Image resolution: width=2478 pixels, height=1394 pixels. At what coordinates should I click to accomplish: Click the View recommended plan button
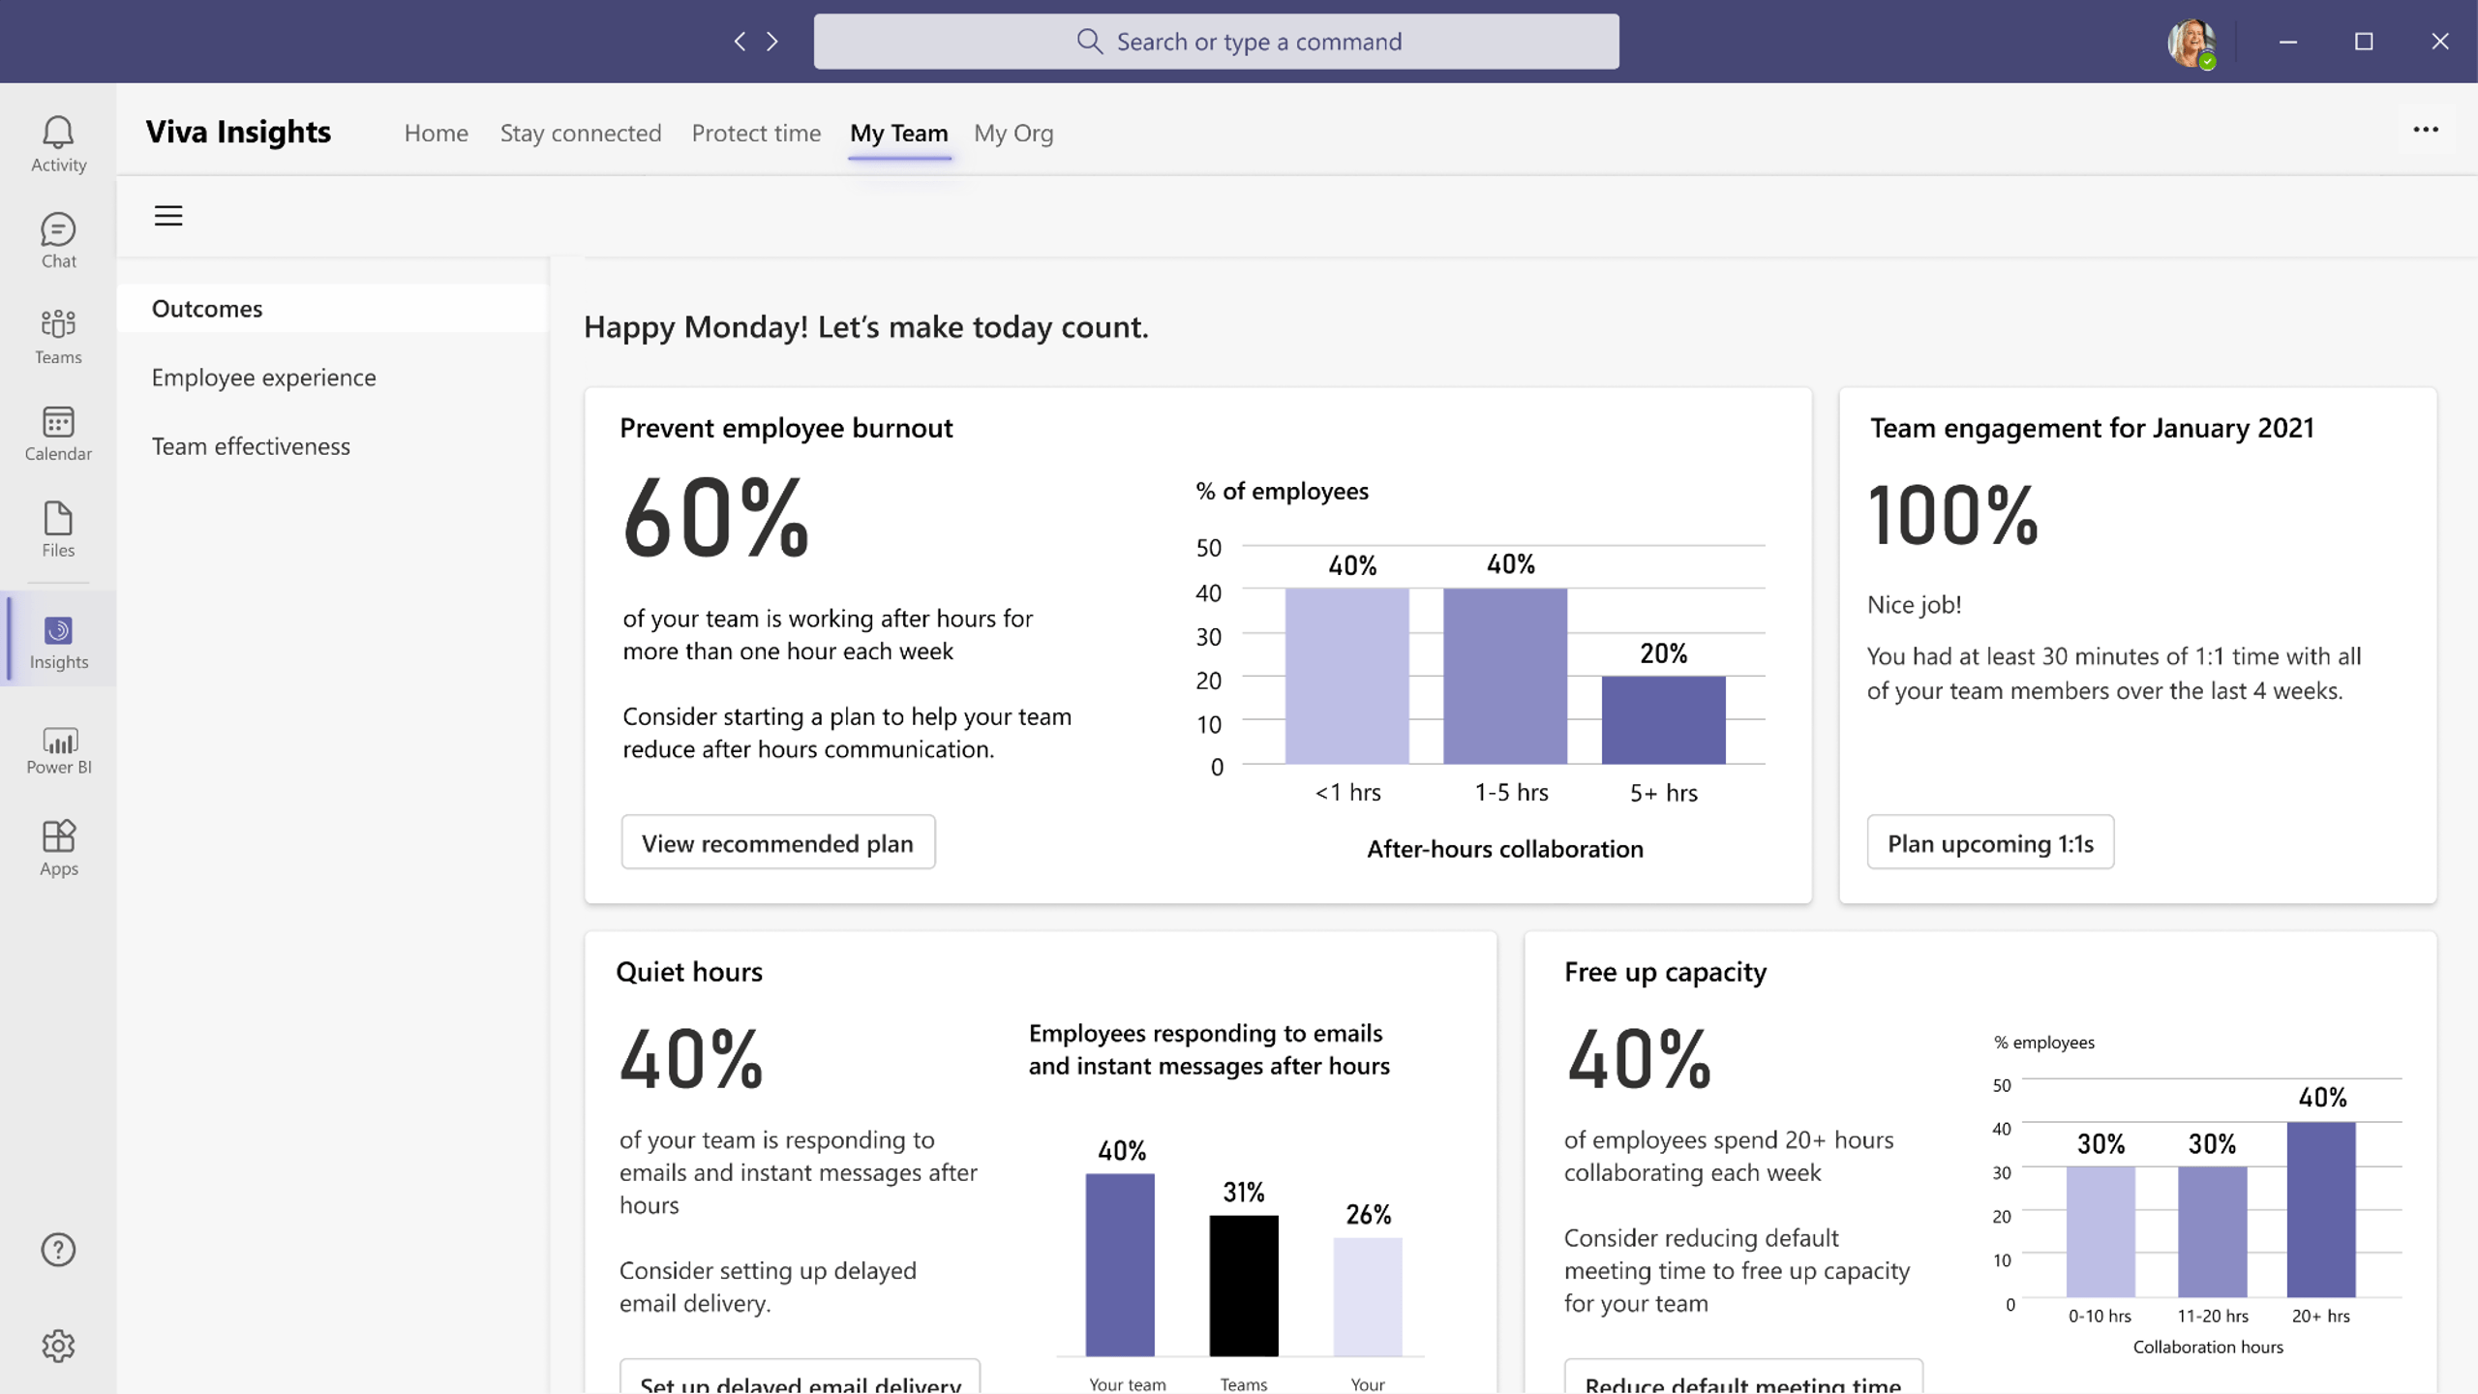pos(777,842)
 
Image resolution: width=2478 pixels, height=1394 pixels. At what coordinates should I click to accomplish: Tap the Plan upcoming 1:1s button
pos(1990,842)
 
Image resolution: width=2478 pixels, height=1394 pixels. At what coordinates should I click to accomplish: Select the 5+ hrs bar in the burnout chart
pos(1663,720)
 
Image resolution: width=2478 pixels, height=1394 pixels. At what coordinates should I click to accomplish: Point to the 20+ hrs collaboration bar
pos(2321,1210)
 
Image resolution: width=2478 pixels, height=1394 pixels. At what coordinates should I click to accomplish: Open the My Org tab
pos(1013,133)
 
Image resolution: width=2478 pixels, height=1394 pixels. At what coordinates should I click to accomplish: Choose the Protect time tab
pos(756,133)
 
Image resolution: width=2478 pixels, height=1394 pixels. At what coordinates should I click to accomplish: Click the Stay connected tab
pos(581,133)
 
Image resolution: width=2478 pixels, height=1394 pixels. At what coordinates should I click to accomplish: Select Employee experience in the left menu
pos(264,378)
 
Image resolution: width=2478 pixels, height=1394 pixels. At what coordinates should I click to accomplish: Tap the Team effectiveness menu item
pos(252,446)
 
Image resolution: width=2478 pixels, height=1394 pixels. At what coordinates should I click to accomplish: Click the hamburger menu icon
pos(168,215)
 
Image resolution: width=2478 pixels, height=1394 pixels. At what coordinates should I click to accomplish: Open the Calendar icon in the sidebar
pos(58,433)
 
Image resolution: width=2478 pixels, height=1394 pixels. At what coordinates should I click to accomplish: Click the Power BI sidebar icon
pos(58,750)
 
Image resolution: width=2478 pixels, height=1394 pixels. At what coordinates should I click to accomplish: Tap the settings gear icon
pos(58,1346)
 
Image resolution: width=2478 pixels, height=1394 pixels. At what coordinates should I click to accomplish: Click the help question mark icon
pos(58,1250)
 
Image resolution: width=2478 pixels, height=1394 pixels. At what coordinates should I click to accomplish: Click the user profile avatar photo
pos(2191,42)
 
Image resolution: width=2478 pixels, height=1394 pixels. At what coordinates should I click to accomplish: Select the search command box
pos(1216,42)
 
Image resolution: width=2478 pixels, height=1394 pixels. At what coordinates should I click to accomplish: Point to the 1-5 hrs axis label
pos(1511,793)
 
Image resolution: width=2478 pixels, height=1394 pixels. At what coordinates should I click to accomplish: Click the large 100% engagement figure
pos(1953,516)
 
